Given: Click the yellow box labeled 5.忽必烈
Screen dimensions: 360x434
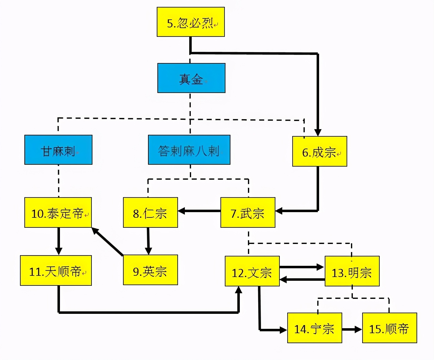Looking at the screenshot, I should [x=190, y=22].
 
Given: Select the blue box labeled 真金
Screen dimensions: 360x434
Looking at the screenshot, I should [x=191, y=78].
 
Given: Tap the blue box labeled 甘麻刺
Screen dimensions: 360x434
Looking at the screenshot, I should [x=58, y=150].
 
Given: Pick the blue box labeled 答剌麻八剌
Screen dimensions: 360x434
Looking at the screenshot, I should [x=189, y=150].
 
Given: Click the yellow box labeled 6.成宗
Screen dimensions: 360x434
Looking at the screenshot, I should [x=319, y=151].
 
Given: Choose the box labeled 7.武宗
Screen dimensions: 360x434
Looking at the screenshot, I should [x=248, y=212].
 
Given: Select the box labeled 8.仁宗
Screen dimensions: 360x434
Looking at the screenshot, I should [x=150, y=212].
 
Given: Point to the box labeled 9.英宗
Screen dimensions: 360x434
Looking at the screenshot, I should [x=150, y=270].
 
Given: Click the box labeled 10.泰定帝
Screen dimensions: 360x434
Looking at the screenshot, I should [x=58, y=212].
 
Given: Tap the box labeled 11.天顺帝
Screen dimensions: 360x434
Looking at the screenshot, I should [x=56, y=270].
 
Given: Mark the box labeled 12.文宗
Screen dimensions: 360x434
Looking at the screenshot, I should [x=252, y=271].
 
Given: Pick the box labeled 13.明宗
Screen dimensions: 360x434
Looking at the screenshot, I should [x=352, y=271].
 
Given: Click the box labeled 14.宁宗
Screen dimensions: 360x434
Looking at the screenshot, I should [x=314, y=328].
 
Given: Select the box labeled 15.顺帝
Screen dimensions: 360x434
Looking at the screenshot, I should [x=389, y=328].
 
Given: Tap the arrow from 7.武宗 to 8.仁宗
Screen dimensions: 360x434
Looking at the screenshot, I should [x=199, y=211].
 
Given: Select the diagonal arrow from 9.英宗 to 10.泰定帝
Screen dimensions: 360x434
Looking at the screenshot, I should [x=107, y=242].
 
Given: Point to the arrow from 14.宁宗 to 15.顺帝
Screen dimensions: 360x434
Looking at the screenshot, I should [x=352, y=329].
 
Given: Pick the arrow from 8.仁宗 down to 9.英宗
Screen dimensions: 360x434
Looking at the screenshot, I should [x=148, y=241].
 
